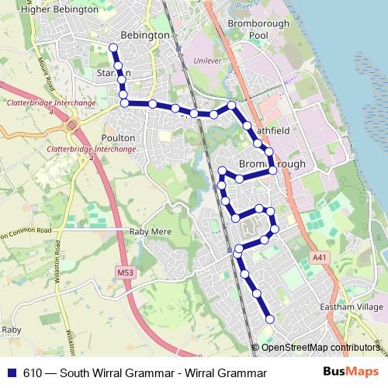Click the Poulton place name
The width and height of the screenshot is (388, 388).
pos(119,137)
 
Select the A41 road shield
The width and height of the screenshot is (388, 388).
pos(320,256)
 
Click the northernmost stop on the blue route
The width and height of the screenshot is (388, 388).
pos(113,48)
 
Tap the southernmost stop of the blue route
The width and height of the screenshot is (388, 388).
pos(270,318)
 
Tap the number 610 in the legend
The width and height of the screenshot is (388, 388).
pos(32,373)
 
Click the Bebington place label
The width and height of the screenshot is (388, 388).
pos(144,35)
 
